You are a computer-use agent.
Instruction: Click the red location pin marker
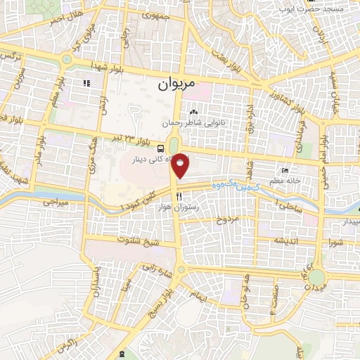[x=181, y=165]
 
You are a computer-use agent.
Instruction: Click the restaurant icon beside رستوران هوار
[x=181, y=197]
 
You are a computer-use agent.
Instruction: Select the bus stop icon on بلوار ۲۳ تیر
[x=162, y=148]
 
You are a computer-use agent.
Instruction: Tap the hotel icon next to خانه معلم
[x=285, y=170]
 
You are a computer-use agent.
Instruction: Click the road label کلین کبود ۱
[x=137, y=202]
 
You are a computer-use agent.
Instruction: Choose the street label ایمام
[x=202, y=295]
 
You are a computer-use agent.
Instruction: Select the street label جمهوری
[x=155, y=15]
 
